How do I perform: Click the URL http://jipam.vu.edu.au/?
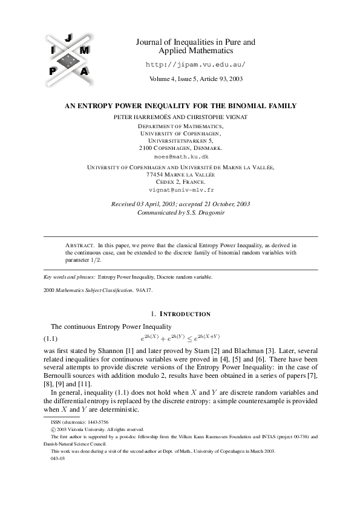click(197, 64)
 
